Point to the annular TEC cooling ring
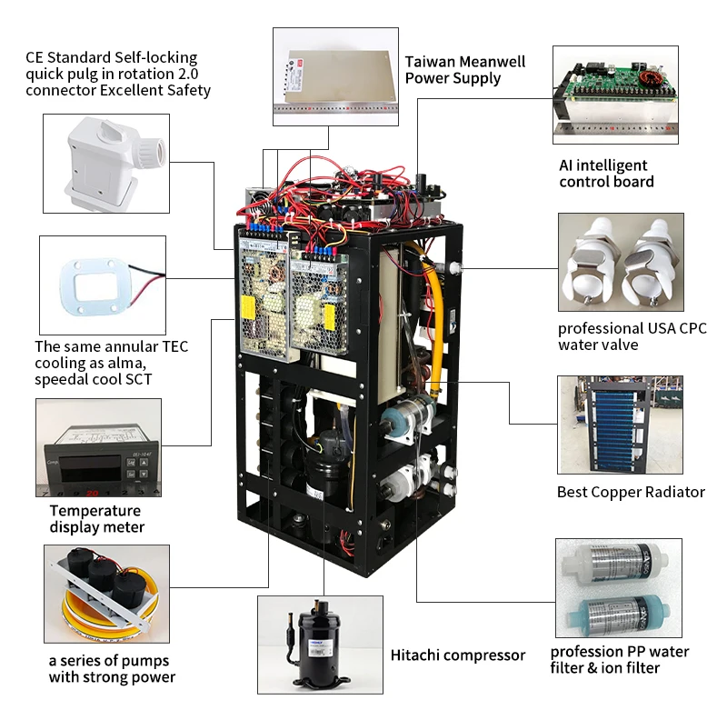coord(94,286)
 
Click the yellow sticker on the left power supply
coord(248,307)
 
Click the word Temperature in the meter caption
coord(95,511)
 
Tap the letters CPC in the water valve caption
coord(692,328)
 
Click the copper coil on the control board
coord(649,78)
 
